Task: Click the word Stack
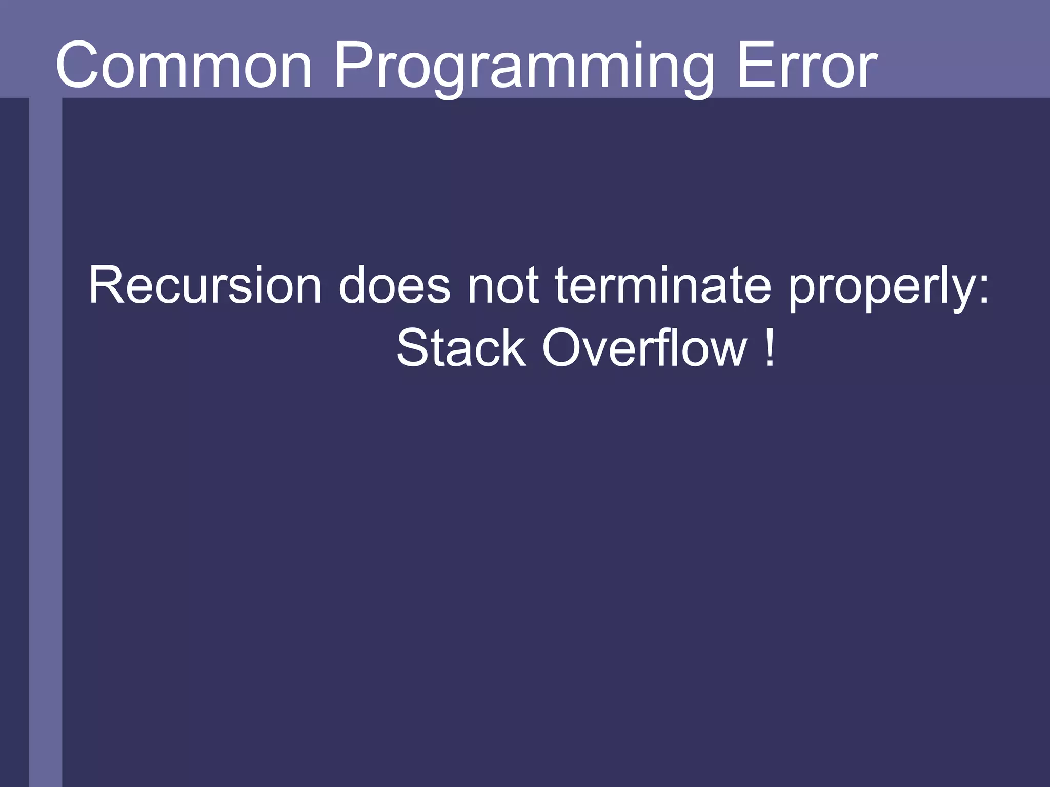pyautogui.click(x=461, y=348)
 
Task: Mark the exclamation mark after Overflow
pyautogui.click(x=769, y=348)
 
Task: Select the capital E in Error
pyautogui.click(x=754, y=66)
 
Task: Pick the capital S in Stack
pyautogui.click(x=413, y=348)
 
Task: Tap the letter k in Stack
pyautogui.click(x=513, y=348)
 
